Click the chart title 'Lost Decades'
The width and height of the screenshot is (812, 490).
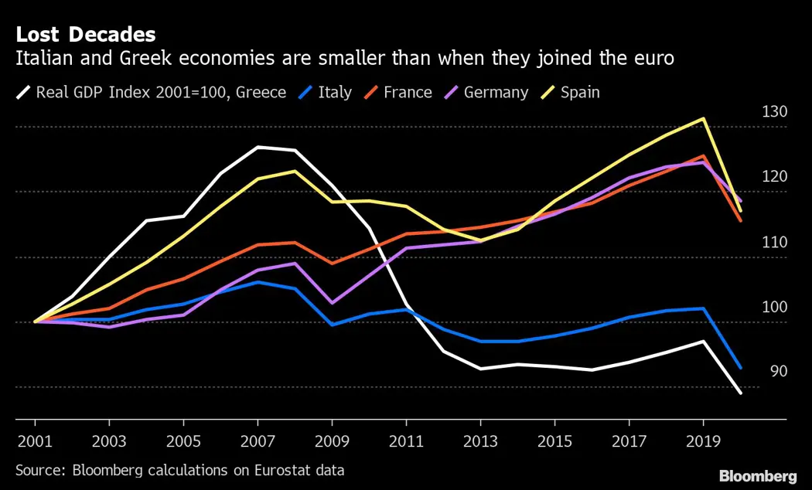[x=86, y=35]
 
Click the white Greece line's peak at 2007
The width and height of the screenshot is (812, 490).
[x=258, y=147]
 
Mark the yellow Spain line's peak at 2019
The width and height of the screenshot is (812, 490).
[x=703, y=118]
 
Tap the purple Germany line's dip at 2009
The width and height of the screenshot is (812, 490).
[x=332, y=303]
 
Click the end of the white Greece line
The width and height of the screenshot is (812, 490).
[x=741, y=393]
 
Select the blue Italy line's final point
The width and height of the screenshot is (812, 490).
[x=741, y=368]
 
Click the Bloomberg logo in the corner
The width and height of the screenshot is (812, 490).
[x=758, y=476]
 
